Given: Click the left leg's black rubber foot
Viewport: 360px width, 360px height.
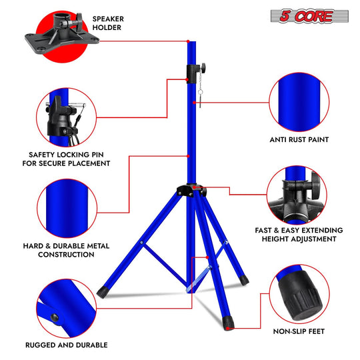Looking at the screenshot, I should (102, 292).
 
